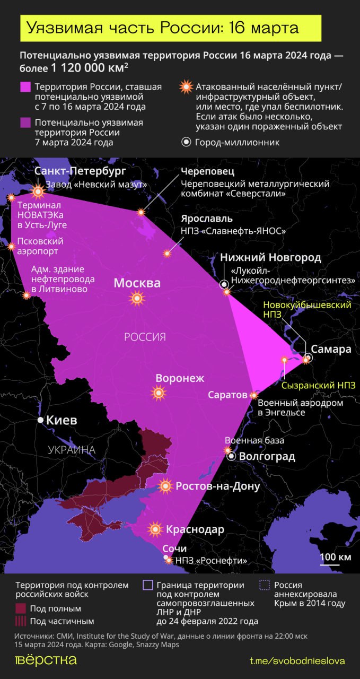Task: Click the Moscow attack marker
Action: point(137,299)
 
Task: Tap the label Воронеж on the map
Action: point(180,378)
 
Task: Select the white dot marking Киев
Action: point(40,420)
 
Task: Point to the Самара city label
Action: point(331,349)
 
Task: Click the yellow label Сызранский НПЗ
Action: point(319,386)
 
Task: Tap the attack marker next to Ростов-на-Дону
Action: point(166,486)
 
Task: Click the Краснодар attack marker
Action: point(155,529)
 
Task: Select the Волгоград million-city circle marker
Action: point(231,456)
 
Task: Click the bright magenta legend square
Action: point(25,87)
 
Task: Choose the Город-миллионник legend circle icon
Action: point(186,142)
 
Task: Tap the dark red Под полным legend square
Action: point(21,608)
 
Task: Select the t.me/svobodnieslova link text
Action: point(297,660)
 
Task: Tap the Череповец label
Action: point(207,171)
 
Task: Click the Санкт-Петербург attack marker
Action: point(38,191)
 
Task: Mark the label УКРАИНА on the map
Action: point(72,450)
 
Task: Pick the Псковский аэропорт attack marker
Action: point(11,246)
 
